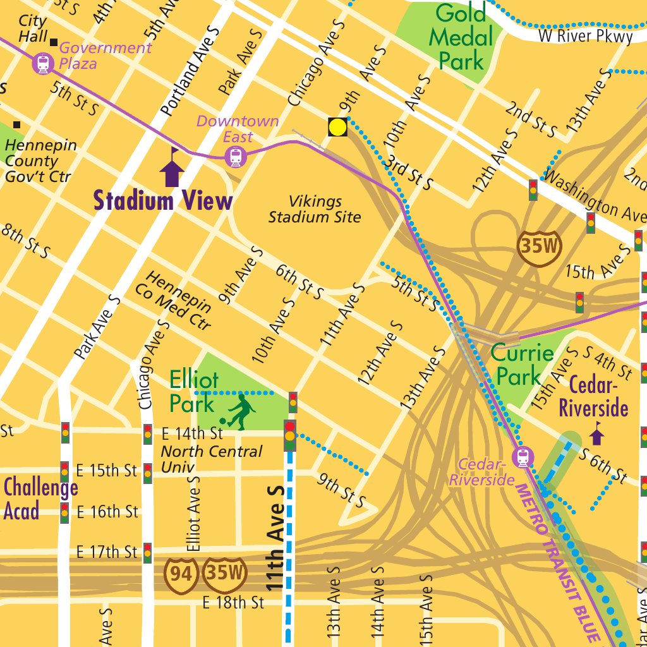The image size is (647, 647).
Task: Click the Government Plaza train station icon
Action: click(43, 63)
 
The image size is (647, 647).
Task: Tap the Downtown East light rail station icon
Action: click(236, 156)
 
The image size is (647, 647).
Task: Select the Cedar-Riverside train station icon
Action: click(523, 457)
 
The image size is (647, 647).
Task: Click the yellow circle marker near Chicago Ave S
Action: click(338, 127)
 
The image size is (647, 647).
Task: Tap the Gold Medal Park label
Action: click(461, 37)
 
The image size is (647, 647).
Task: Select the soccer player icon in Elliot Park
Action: click(238, 412)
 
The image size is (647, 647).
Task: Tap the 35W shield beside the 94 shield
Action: click(224, 573)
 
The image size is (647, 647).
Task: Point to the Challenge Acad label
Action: click(40, 499)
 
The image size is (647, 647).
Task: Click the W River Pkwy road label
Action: click(585, 36)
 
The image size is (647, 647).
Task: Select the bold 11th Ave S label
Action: click(275, 538)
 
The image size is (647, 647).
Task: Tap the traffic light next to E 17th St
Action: click(147, 552)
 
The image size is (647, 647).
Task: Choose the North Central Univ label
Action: click(211, 459)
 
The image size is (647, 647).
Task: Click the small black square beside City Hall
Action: click(54, 42)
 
